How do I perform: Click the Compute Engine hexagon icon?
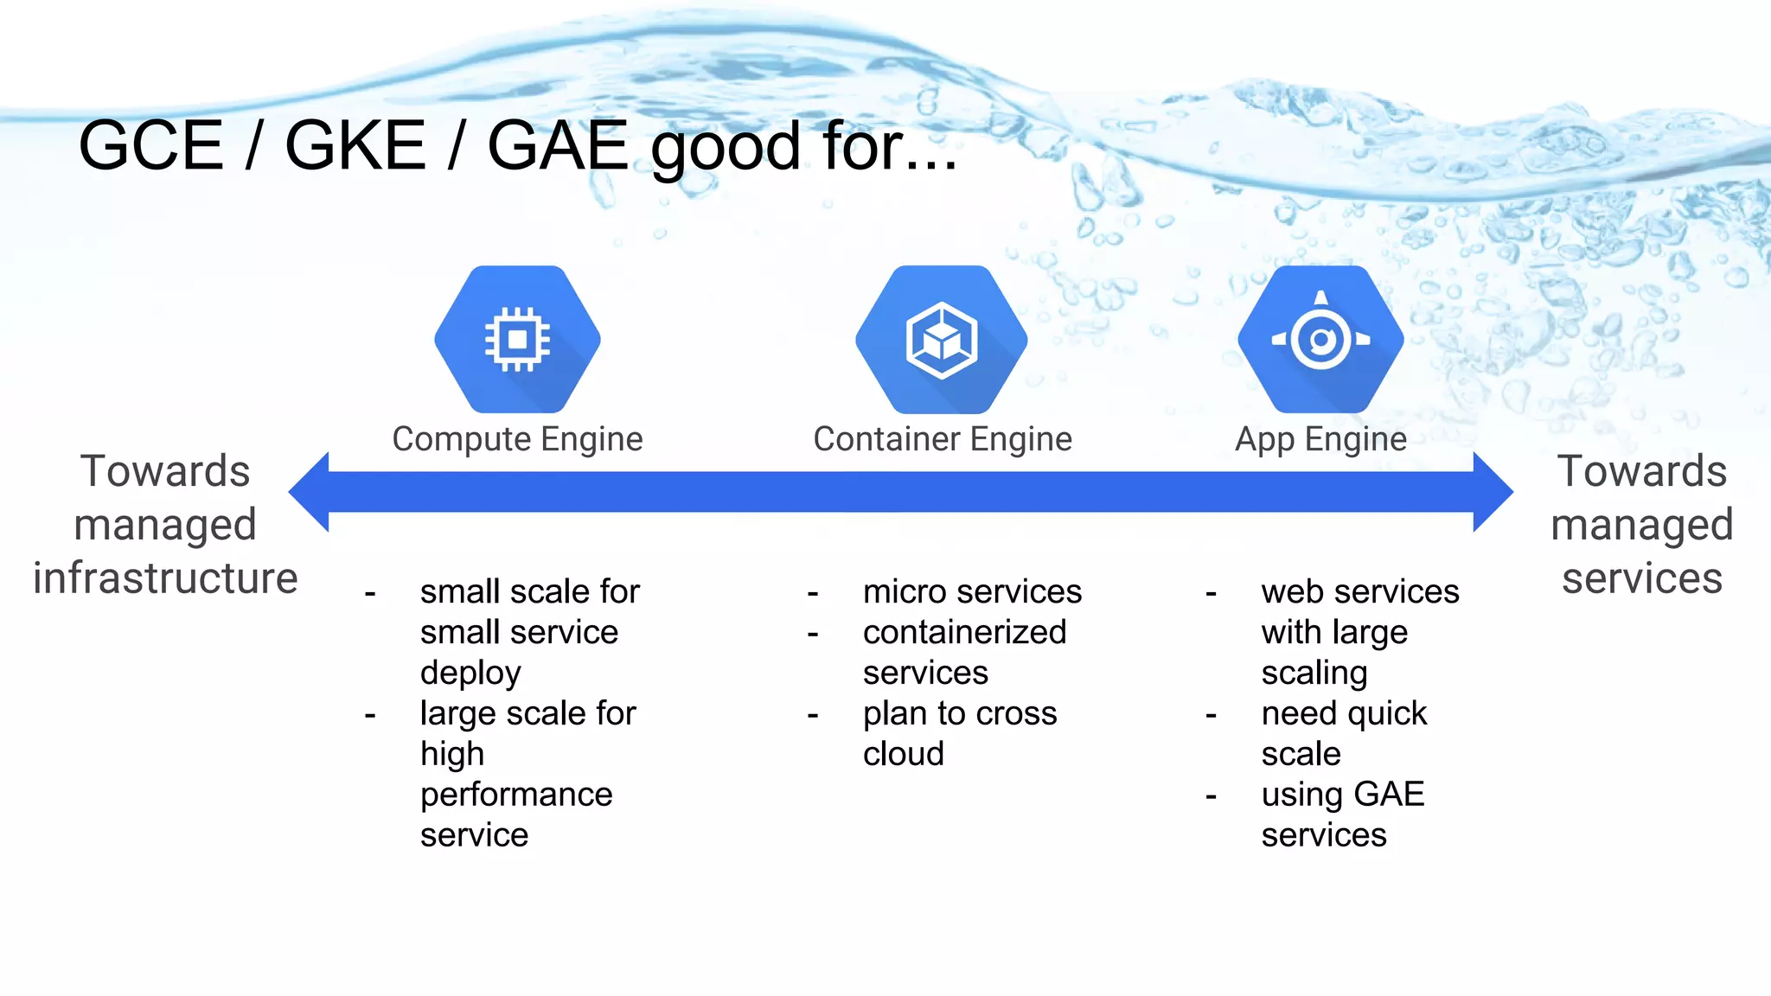[x=517, y=339]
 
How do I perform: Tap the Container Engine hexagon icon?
[x=942, y=339]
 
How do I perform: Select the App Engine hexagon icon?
[x=1320, y=339]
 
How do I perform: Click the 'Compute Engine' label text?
[x=517, y=439]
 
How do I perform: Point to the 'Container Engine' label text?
[x=943, y=439]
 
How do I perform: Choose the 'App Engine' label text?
[x=1320, y=439]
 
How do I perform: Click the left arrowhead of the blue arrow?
[x=310, y=491]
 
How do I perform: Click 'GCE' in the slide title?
[x=151, y=145]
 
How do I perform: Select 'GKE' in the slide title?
[x=355, y=145]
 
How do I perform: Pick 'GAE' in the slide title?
[x=558, y=145]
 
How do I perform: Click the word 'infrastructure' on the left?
[x=165, y=578]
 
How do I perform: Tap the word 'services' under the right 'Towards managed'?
[x=1641, y=578]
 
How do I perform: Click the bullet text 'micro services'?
[x=972, y=591]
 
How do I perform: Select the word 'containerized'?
[x=964, y=632]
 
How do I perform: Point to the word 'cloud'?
[x=903, y=754]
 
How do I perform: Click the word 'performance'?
[x=516, y=795]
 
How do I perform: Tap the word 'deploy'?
[x=470, y=673]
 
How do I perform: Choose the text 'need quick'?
[x=1344, y=713]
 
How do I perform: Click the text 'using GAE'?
[x=1342, y=795]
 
